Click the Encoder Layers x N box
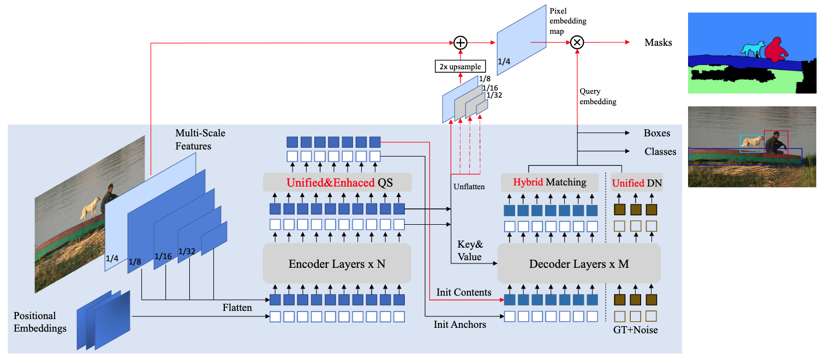(x=337, y=264)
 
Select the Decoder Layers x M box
(x=579, y=264)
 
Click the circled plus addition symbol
(x=461, y=43)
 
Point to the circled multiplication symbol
(x=577, y=43)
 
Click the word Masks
(x=658, y=43)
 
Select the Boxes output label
(x=657, y=133)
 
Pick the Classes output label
(x=660, y=152)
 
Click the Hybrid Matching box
(x=549, y=183)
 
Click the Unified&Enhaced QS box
(x=337, y=183)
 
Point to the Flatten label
(x=237, y=308)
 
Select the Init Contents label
(x=464, y=292)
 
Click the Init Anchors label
(x=459, y=324)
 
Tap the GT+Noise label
(x=636, y=329)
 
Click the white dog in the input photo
(x=90, y=207)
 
